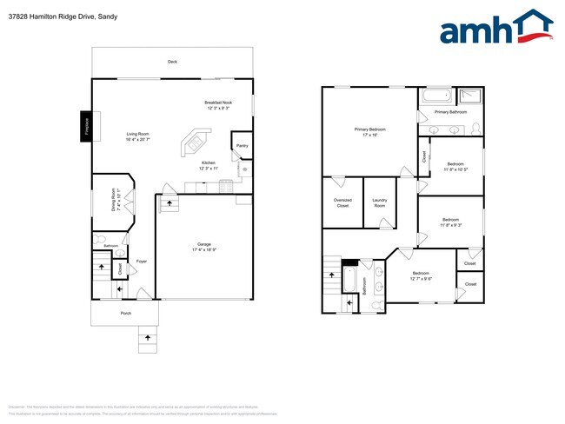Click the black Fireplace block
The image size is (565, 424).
[86, 126]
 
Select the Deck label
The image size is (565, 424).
[172, 62]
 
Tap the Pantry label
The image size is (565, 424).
[242, 145]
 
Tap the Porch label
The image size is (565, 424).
[125, 313]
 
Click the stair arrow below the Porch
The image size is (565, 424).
[147, 335]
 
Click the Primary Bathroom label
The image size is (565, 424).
[450, 112]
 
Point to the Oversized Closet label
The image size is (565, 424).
[342, 202]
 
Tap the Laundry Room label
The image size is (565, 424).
[380, 202]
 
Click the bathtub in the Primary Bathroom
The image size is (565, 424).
[435, 96]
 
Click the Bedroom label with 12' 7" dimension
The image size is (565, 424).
[421, 276]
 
